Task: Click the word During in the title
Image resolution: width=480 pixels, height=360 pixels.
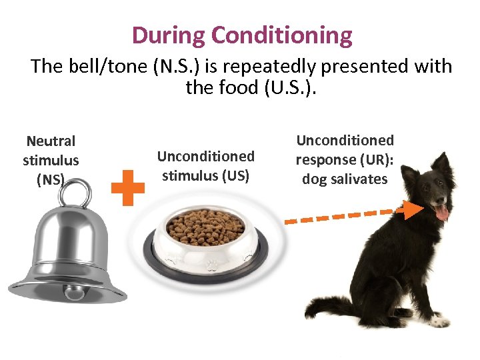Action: [169, 35]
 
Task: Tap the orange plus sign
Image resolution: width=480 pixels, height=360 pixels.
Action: [128, 187]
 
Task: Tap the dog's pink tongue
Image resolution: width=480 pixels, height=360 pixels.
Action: [441, 213]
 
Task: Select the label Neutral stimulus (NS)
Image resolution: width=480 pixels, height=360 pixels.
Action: [51, 160]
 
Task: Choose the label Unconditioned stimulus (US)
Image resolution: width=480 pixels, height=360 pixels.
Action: [205, 166]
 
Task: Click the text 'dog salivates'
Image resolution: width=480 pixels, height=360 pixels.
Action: [345, 179]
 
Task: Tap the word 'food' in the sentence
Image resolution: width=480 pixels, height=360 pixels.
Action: [223, 88]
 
